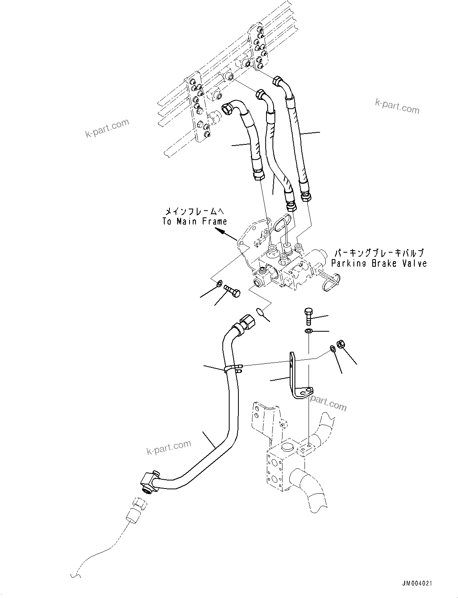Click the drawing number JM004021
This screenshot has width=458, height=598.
click(x=418, y=584)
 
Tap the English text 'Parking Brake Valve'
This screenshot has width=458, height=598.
click(x=379, y=264)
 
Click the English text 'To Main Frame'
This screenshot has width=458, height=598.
click(x=195, y=221)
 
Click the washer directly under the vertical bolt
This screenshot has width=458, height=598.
click(x=308, y=331)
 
